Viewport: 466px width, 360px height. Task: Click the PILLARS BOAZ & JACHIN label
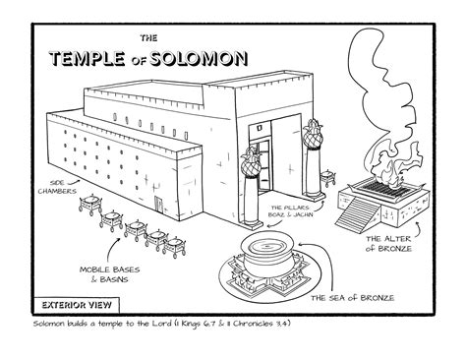pos(298,209)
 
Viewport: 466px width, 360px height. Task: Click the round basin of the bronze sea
pos(271,247)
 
